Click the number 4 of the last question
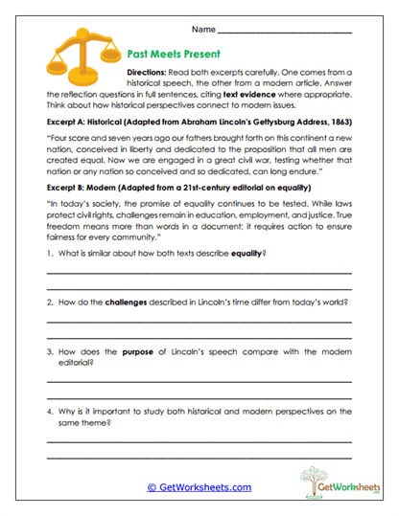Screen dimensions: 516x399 pos(48,412)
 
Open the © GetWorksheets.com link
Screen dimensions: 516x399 pos(199,487)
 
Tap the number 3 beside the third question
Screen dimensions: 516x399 pos(48,352)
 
